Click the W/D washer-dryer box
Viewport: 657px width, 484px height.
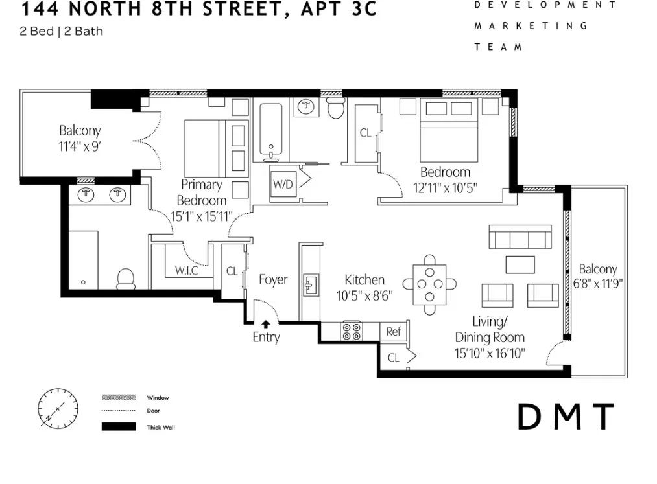pos(282,183)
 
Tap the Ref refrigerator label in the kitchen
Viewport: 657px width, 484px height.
pos(393,331)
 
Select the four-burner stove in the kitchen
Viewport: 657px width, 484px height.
pos(352,331)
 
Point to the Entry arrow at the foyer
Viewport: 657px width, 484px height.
pos(265,324)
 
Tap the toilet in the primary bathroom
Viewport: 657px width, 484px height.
pos(125,279)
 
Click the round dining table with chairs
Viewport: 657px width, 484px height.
pos(429,284)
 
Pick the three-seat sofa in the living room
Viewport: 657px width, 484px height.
pos(520,237)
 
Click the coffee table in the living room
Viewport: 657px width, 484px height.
pos(520,264)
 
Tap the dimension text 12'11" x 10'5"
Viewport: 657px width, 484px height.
pos(444,187)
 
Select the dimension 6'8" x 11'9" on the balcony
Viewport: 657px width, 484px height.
pos(598,283)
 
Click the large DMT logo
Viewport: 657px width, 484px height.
pos(566,417)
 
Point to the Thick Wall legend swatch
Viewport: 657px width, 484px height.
pos(119,427)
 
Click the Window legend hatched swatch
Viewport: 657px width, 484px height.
pos(119,397)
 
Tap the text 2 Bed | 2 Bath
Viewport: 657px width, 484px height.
pos(62,31)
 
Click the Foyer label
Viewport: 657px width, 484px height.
pos(273,280)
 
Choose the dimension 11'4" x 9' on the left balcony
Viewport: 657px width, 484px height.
pos(80,146)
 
